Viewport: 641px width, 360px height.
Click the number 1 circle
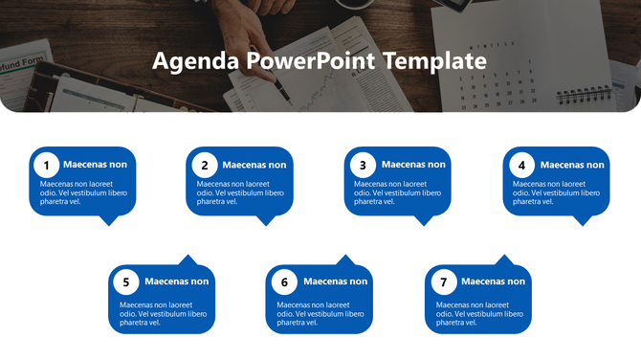click(x=47, y=165)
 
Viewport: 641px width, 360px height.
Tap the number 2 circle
click(x=205, y=165)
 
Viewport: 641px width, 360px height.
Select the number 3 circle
click(x=363, y=165)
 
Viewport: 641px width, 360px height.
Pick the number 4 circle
click(x=521, y=165)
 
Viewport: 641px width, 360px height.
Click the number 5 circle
click(x=126, y=282)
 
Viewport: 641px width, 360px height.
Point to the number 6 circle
click(x=284, y=282)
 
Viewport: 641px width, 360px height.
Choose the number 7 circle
click(x=443, y=282)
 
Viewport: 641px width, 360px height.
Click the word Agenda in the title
click(x=195, y=61)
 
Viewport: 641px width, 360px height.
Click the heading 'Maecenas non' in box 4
click(x=572, y=165)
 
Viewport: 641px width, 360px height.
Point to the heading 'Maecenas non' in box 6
click(x=335, y=281)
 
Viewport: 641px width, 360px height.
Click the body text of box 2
click(x=240, y=192)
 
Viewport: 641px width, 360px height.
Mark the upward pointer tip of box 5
click(x=188, y=256)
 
